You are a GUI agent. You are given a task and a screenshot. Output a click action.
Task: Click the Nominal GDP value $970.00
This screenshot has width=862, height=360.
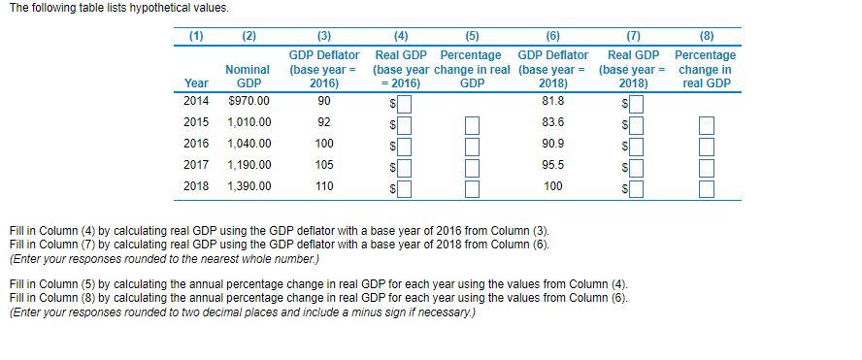[248, 100]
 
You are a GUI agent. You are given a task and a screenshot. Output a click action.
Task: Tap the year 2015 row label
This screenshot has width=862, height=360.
[196, 122]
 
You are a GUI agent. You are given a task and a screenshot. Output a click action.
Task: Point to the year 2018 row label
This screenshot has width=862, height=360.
[196, 186]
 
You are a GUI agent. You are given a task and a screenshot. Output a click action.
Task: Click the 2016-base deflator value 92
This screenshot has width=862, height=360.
[324, 122]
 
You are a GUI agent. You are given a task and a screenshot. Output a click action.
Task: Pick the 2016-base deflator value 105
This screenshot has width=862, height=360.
[324, 165]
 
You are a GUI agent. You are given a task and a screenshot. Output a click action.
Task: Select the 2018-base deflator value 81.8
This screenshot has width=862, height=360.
[552, 100]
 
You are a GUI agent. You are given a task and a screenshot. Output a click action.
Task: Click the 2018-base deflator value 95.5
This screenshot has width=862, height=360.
[552, 165]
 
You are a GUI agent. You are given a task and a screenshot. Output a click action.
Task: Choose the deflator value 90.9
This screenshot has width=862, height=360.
[552, 144]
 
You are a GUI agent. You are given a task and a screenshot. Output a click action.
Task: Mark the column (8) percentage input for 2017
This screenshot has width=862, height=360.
[706, 167]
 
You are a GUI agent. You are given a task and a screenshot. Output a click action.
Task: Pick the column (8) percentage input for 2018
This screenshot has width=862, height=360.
[706, 188]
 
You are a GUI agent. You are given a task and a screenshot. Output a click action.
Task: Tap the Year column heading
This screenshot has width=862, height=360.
[196, 82]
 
